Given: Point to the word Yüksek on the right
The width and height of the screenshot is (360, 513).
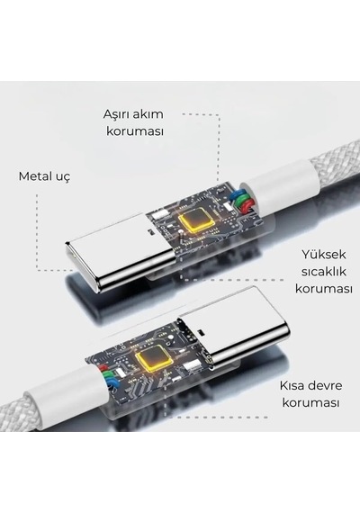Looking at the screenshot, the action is coord(323,254).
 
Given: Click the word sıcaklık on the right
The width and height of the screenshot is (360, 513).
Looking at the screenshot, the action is coord(323,272).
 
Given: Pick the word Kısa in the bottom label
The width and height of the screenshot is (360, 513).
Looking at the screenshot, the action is coord(292,385).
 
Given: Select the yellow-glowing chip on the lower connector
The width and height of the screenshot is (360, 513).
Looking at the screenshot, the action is coord(155,357).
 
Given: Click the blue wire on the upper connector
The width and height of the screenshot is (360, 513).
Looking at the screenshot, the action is coord(236,196).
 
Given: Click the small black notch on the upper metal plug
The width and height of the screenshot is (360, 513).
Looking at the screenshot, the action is coord(151,232).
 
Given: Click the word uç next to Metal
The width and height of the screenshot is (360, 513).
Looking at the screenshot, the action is coord(62,177).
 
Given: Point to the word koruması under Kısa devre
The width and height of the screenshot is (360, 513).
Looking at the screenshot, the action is coord(310,402).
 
